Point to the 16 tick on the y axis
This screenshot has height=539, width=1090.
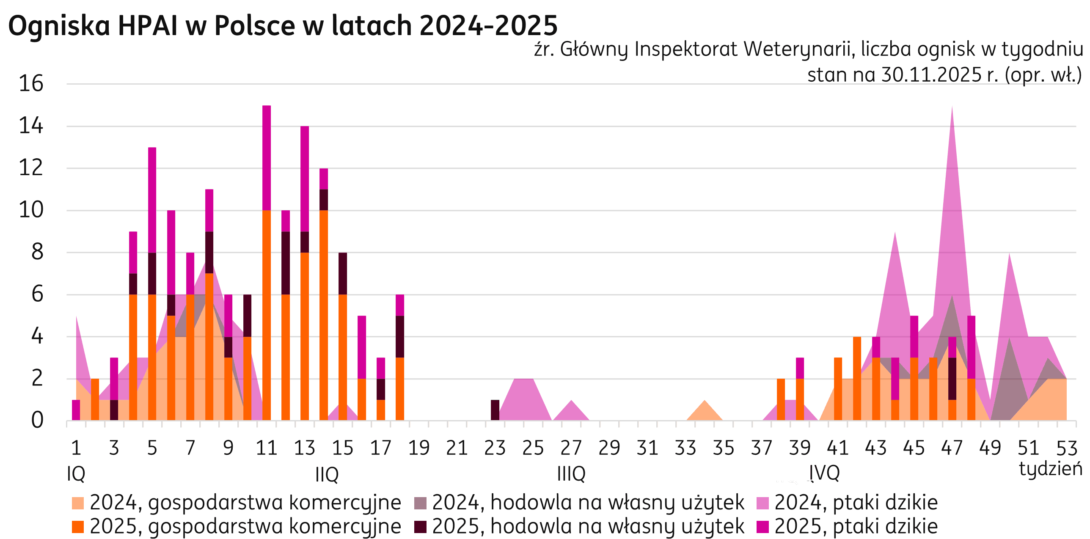coord(31,84)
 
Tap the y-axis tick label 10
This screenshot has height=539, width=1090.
coord(31,210)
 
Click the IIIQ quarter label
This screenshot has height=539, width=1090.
coord(571,474)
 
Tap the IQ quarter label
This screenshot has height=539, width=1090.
coord(76,474)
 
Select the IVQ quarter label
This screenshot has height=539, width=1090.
coord(824,473)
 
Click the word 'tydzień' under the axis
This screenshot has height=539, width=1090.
coord(1050,469)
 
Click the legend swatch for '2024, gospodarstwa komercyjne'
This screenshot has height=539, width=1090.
coord(78,503)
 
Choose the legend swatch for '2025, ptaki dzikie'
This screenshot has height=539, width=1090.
coord(763,527)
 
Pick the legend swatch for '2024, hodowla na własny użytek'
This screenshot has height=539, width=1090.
coord(420,503)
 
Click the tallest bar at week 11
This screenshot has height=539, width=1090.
coord(267,254)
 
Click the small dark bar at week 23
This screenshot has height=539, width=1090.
coord(495,410)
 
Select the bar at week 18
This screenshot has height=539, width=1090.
coord(400,360)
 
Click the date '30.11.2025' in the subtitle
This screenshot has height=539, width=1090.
coord(931,75)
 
